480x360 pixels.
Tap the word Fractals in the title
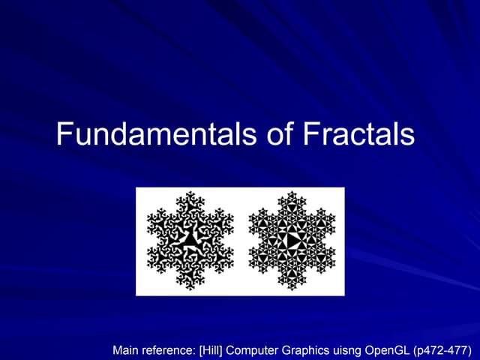point(358,135)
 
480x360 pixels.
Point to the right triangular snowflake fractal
point(292,241)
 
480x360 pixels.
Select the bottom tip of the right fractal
point(292,289)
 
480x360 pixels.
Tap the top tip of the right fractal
point(292,193)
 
